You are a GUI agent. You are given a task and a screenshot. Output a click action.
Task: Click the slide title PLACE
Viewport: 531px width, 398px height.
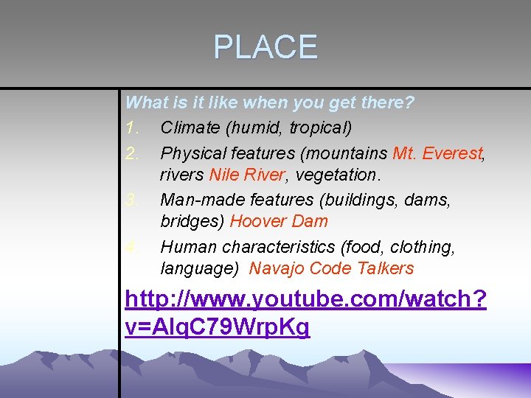(265, 47)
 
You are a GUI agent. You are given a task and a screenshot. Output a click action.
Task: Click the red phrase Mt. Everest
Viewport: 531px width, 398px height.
(437, 153)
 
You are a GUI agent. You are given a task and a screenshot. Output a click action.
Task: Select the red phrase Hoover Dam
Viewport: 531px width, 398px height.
(279, 221)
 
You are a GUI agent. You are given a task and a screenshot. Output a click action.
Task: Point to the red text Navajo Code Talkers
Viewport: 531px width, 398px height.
(331, 268)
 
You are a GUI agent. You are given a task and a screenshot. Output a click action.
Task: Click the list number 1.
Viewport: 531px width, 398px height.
(132, 128)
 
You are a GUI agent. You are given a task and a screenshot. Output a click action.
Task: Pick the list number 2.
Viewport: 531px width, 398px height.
(132, 153)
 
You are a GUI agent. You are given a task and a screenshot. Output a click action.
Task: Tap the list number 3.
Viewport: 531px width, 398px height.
(132, 200)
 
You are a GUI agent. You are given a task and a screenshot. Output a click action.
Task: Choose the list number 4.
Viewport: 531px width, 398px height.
(132, 247)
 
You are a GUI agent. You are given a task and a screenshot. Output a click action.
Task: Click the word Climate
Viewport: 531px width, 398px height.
(190, 128)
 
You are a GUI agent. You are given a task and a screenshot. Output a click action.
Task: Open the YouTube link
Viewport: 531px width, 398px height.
(305, 313)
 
